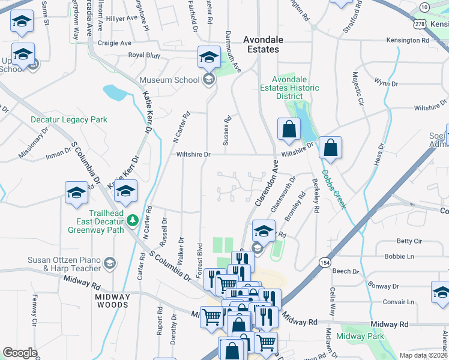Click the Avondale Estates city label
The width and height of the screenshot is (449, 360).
pos(261,44)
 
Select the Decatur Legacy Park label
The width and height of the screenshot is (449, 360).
pos(69,119)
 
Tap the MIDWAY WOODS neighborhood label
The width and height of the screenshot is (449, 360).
pos(112,301)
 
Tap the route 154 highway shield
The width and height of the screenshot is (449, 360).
pos(325,263)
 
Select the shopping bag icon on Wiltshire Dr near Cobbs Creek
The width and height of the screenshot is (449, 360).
pos(330,146)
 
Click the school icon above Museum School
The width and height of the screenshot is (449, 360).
pos(209,57)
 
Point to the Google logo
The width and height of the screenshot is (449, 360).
pos(20,352)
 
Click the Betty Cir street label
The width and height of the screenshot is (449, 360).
pos(409,241)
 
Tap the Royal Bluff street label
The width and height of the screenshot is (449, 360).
pos(145,55)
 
